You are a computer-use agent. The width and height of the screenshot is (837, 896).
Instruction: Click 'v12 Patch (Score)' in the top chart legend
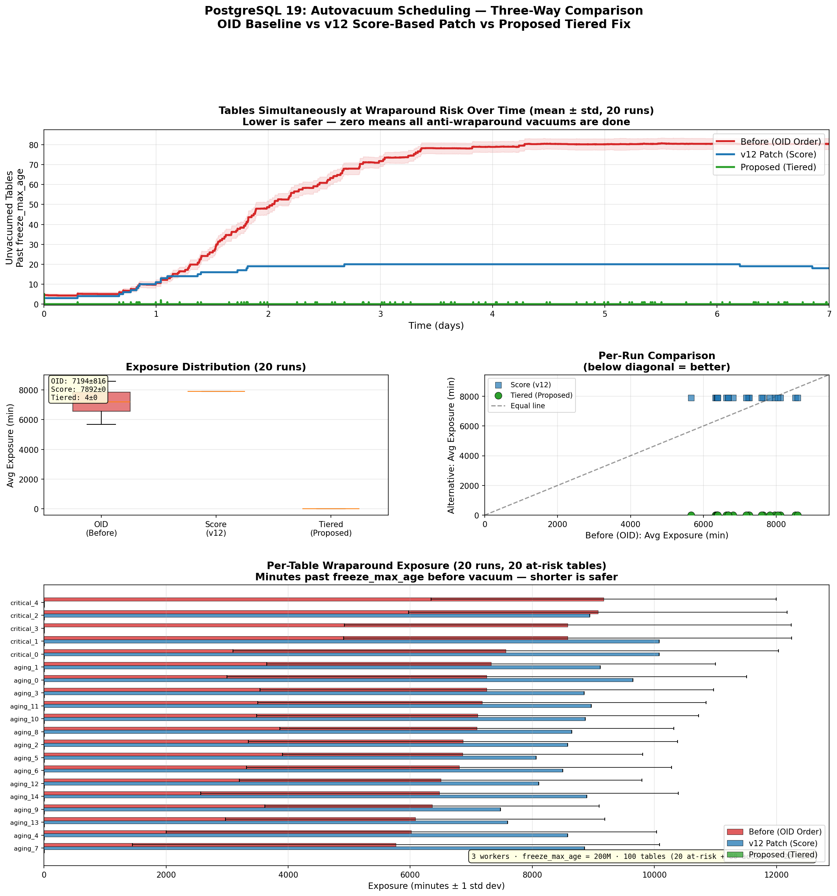coord(778,154)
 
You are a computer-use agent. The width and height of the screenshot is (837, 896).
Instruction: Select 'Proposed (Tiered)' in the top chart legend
coord(778,167)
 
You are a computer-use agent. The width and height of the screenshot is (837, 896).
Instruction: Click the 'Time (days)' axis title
coord(436,325)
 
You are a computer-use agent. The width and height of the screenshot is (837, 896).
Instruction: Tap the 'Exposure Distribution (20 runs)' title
coord(216,367)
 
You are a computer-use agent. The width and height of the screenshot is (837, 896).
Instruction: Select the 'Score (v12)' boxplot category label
coord(216,528)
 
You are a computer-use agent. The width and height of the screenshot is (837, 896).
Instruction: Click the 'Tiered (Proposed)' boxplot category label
coord(331,528)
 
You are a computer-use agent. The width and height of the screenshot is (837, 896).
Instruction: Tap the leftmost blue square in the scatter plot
coord(691,398)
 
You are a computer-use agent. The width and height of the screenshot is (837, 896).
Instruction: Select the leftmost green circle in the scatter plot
coord(691,515)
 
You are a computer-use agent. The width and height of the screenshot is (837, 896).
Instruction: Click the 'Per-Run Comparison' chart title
coord(656,356)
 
